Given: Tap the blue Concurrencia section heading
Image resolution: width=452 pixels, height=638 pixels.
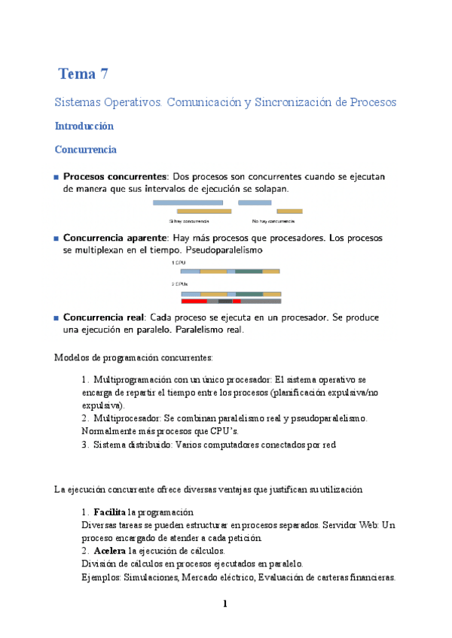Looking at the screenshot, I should point(85,150).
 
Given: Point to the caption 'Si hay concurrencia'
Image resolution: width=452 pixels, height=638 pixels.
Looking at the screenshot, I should point(189,222).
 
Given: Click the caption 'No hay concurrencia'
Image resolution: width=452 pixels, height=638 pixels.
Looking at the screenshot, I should point(273,222).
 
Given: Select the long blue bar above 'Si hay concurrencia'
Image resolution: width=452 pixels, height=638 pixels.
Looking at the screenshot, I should point(188,202).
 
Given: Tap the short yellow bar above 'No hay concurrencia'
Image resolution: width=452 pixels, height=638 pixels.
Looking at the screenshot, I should point(289,211).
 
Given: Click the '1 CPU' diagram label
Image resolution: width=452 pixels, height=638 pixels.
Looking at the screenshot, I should point(178,263).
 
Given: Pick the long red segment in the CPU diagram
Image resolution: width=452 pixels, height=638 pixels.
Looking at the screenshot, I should point(194,301).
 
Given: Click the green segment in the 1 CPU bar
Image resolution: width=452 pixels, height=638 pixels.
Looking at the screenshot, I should point(249,271).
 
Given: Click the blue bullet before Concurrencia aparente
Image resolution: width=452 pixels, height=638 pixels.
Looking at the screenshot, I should point(56,238).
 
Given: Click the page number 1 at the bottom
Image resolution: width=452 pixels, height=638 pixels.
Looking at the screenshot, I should point(225,604).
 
